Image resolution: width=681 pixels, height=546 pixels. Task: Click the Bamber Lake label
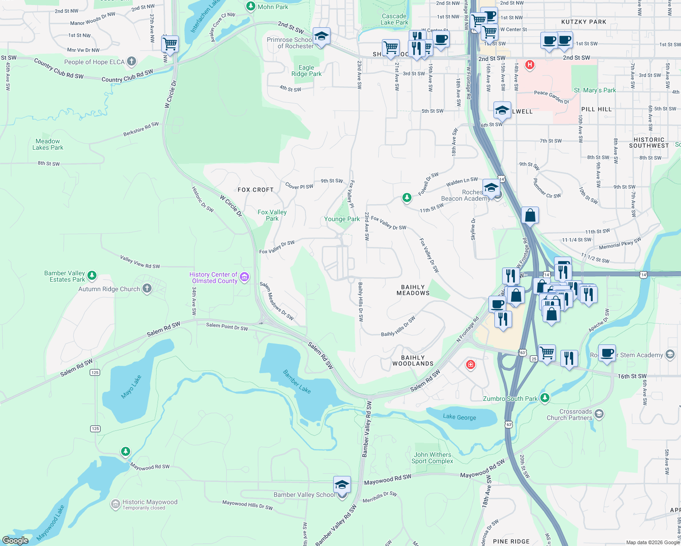[x=297, y=381]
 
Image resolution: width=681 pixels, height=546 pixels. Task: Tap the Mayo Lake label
[x=131, y=387]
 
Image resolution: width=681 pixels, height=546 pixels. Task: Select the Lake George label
[x=459, y=417]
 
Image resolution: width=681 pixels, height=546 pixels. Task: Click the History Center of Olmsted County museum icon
[x=244, y=277]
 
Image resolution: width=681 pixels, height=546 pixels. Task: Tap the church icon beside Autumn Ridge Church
[x=147, y=288]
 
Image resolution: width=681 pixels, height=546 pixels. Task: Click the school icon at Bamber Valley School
[x=342, y=485]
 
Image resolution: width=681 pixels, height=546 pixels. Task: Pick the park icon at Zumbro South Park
[x=545, y=398]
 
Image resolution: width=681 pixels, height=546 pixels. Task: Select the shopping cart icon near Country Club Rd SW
[x=170, y=44]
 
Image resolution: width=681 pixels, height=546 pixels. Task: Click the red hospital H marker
[x=529, y=65]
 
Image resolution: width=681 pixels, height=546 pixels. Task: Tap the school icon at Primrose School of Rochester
[x=321, y=36]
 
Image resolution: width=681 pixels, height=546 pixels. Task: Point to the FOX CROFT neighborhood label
[x=255, y=190]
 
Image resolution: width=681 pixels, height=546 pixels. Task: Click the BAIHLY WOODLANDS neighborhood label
[x=413, y=361]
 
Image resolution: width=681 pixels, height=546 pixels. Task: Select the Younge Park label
[x=342, y=219]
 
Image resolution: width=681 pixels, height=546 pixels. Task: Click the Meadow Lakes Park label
[x=48, y=144]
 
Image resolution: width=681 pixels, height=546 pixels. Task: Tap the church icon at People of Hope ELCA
[x=132, y=61]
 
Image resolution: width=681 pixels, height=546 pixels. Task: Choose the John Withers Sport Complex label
[x=432, y=458]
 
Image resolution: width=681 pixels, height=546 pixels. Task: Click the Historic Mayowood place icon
[x=116, y=504]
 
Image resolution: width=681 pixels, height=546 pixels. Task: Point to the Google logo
[x=15, y=540]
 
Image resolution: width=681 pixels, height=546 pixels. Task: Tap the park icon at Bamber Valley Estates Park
[x=92, y=275]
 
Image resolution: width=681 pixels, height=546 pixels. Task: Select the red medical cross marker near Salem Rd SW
[x=470, y=364]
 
